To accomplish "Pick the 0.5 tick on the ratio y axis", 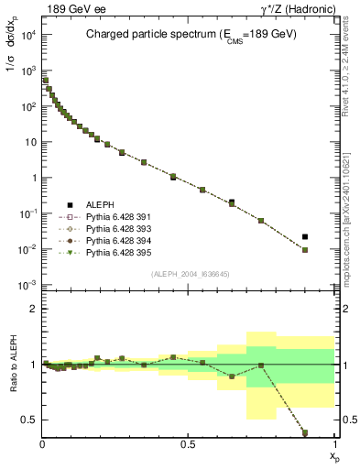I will click(x=29, y=420).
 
